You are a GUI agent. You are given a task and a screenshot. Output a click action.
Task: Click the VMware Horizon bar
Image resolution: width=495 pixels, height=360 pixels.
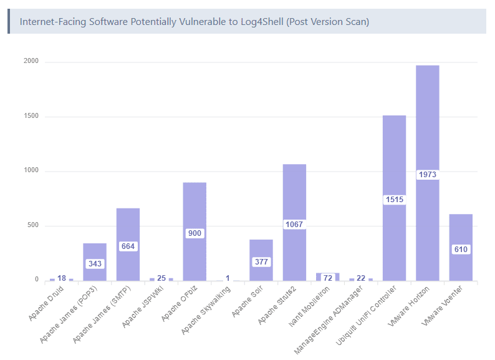click(427, 125)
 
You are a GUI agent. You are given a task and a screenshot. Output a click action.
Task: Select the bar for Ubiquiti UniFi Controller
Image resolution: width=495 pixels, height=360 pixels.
click(394, 156)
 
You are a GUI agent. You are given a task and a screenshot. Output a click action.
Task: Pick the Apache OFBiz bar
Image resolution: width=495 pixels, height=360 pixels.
click(195, 206)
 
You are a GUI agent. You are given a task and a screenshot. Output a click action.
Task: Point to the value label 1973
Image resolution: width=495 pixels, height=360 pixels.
click(427, 175)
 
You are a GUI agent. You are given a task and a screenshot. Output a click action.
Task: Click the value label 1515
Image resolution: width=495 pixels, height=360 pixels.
click(394, 200)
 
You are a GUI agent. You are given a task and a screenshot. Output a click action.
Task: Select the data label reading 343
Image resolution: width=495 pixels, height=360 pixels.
click(95, 264)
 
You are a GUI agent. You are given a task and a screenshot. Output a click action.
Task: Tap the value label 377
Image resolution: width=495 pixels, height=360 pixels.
click(261, 262)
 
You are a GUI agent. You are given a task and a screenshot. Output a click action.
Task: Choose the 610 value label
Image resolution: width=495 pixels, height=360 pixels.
click(461, 250)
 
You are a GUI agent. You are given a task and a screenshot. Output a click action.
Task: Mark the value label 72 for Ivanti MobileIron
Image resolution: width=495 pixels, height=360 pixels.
click(328, 278)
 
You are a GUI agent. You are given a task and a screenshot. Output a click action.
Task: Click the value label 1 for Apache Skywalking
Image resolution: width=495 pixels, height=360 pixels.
click(228, 278)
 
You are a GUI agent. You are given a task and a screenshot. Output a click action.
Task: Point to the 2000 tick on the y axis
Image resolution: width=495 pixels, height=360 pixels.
click(31, 62)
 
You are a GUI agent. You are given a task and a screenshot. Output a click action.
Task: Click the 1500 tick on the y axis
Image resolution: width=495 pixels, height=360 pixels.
click(31, 117)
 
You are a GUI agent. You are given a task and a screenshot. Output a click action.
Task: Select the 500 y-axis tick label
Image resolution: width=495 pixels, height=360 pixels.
click(32, 226)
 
